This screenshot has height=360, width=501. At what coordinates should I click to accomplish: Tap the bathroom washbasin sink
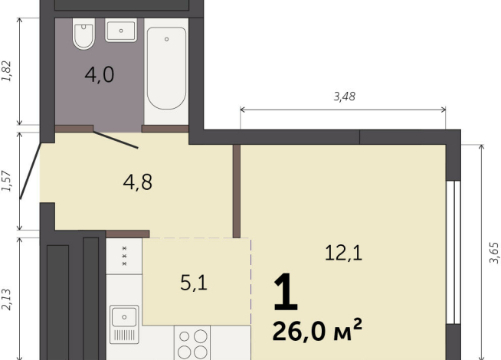[x=120, y=31]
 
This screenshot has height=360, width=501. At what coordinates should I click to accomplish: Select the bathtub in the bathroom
[x=166, y=67]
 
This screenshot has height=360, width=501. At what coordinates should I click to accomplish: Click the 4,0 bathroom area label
[x=100, y=76]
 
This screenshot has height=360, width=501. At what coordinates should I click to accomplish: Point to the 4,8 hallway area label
[x=138, y=182]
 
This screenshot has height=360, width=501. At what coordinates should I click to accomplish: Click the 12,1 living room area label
[x=344, y=254]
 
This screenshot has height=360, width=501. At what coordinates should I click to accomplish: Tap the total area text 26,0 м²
[x=316, y=331]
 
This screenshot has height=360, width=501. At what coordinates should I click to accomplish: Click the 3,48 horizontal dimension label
[x=345, y=97]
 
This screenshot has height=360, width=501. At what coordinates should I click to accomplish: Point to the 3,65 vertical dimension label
[x=493, y=252]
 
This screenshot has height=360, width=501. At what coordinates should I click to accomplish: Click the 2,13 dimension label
[x=7, y=296]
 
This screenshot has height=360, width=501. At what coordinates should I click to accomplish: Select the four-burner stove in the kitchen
[x=192, y=342]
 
